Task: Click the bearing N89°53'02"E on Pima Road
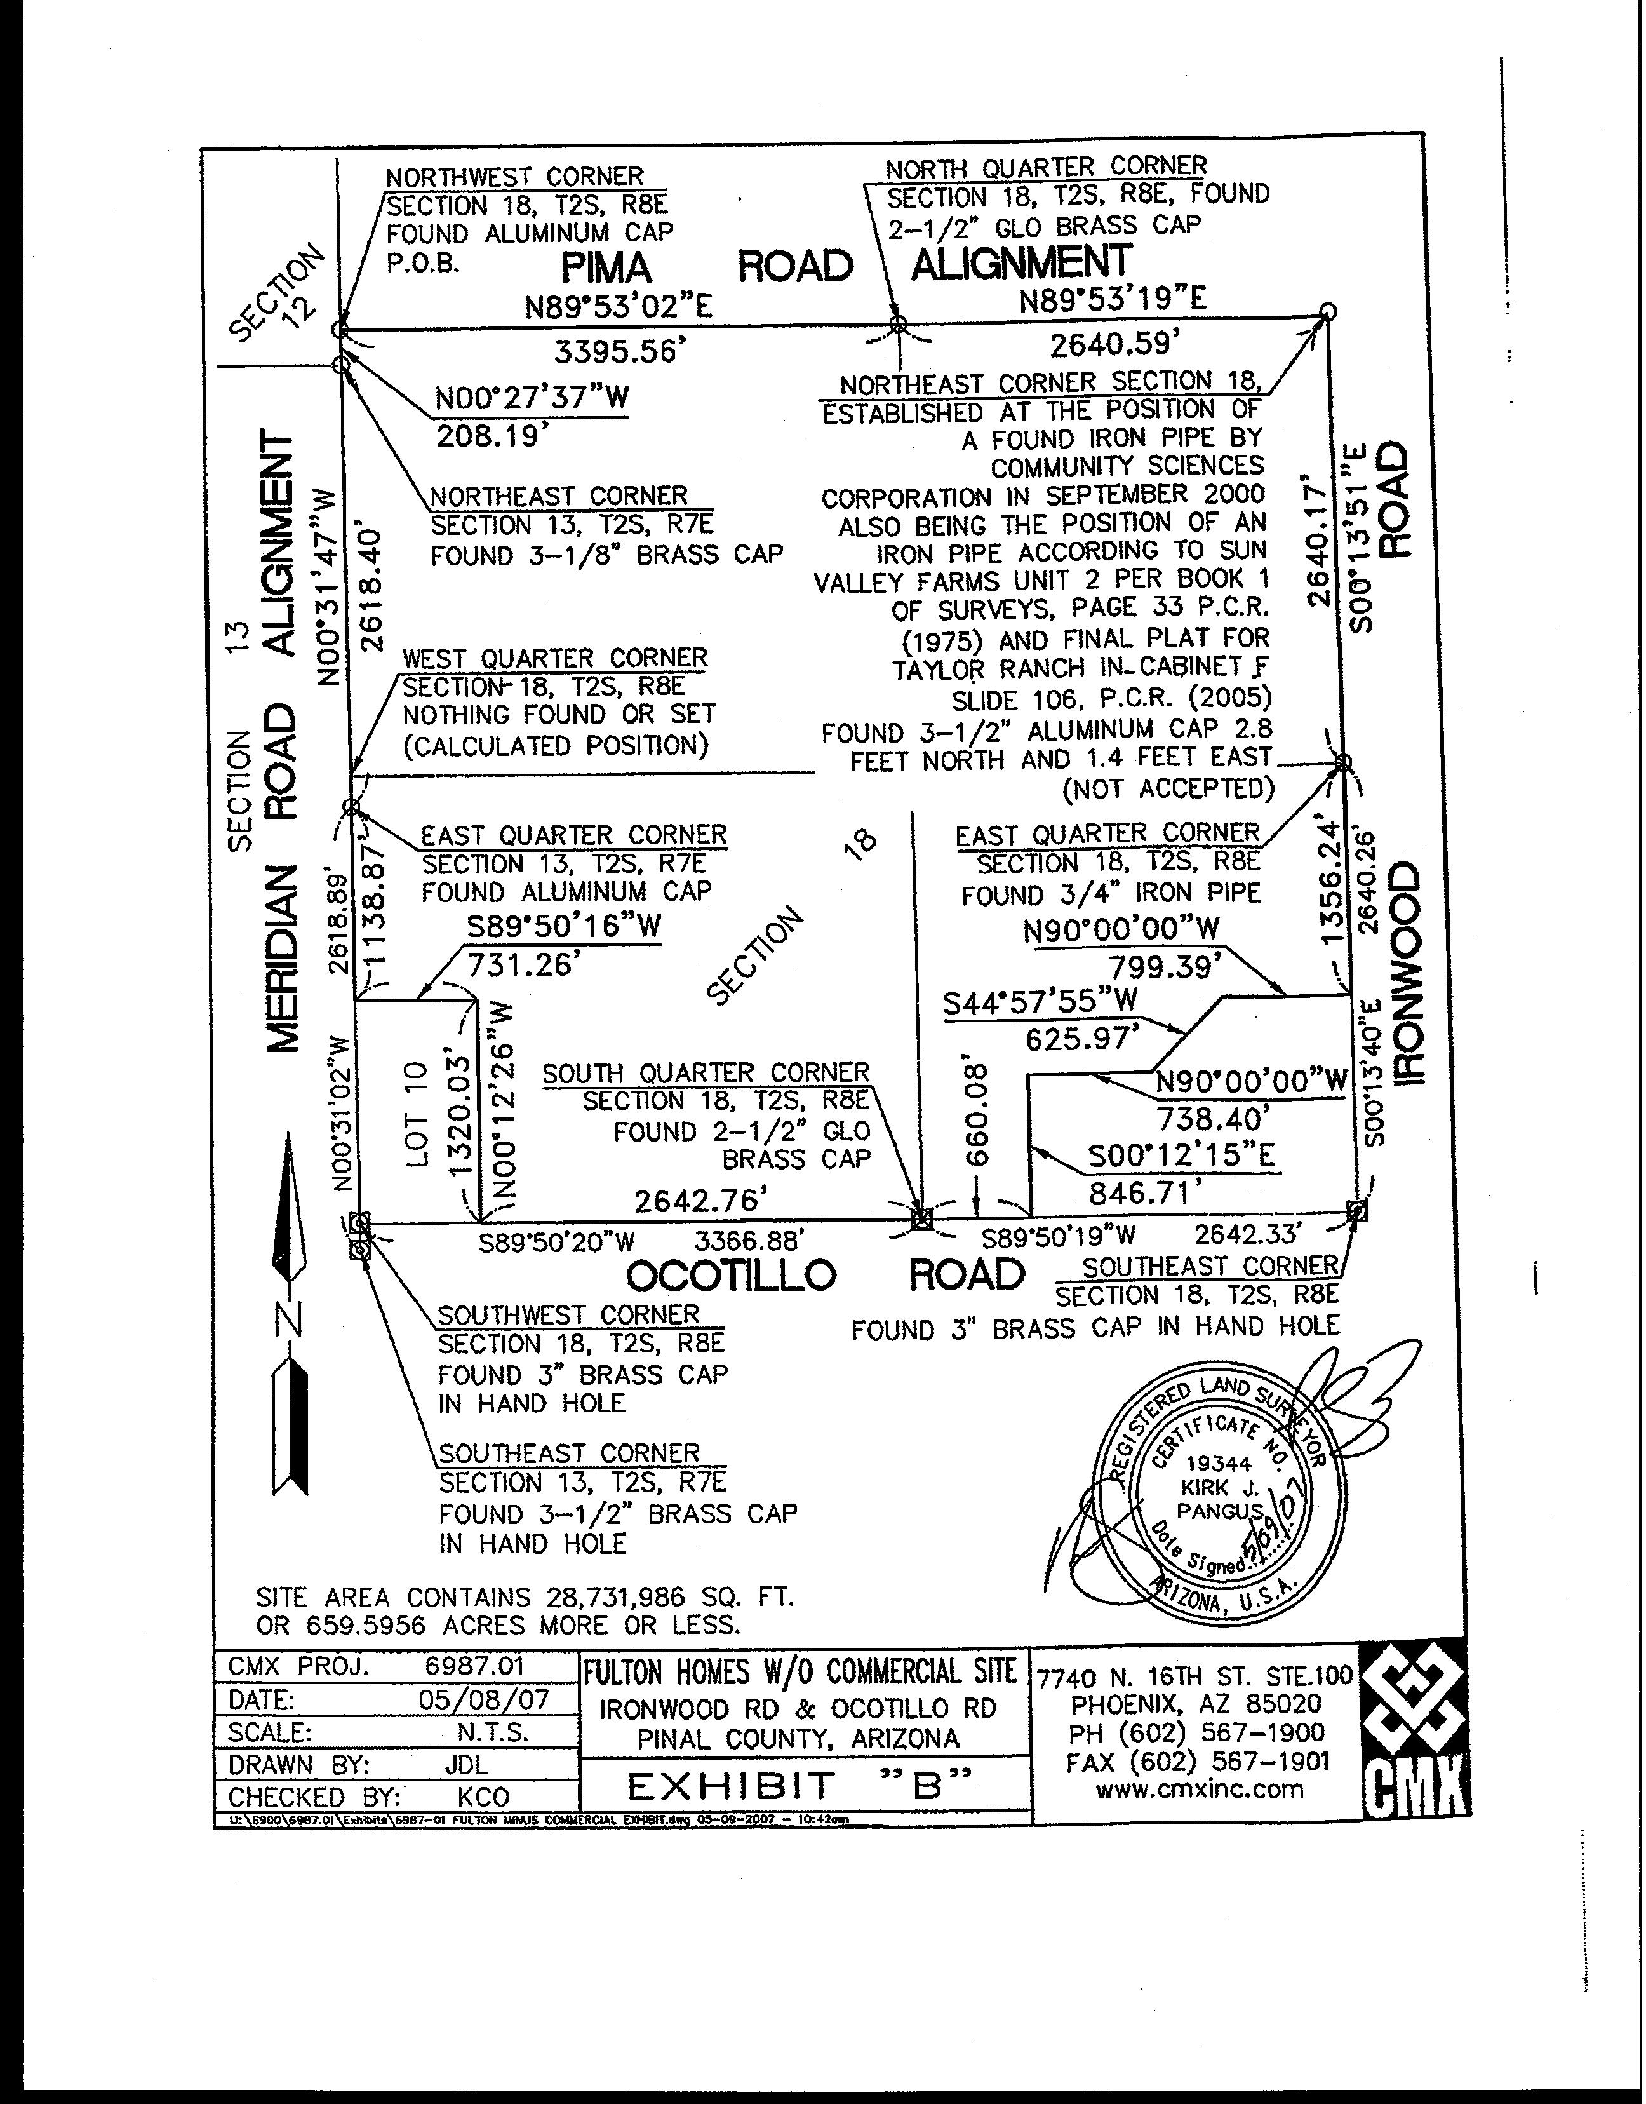click(618, 307)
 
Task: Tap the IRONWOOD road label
click(1407, 974)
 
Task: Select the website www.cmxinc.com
click(1199, 1790)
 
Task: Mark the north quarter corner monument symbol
click(898, 325)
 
